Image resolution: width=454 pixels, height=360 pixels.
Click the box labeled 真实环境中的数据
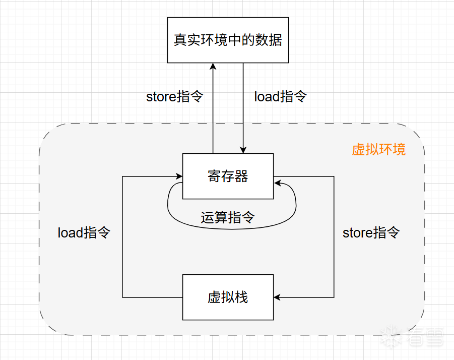(x=228, y=40)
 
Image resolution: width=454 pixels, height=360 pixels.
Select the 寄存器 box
(x=228, y=176)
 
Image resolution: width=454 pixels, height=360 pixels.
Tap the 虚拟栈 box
(x=228, y=297)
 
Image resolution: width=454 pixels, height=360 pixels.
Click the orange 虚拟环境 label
(x=378, y=150)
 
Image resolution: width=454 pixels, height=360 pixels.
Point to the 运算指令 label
(x=228, y=218)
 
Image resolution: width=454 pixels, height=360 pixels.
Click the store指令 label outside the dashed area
(x=174, y=97)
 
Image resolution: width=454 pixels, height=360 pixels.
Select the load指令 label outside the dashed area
(x=280, y=97)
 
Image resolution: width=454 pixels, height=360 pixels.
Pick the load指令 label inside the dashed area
(x=84, y=233)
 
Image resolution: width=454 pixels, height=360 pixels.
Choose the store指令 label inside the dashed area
(x=371, y=233)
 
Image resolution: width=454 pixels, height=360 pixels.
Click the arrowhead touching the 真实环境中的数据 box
(x=213, y=67)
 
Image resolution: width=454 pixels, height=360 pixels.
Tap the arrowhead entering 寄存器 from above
(x=243, y=150)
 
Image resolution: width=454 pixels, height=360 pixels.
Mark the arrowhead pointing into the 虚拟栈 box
(x=277, y=297)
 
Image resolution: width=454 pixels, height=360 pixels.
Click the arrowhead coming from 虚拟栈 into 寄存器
(x=179, y=176)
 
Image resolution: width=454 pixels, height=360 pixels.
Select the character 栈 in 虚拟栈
(x=241, y=297)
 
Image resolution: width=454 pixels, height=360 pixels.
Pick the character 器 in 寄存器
(x=241, y=176)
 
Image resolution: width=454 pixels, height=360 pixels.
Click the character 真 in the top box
(x=180, y=40)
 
